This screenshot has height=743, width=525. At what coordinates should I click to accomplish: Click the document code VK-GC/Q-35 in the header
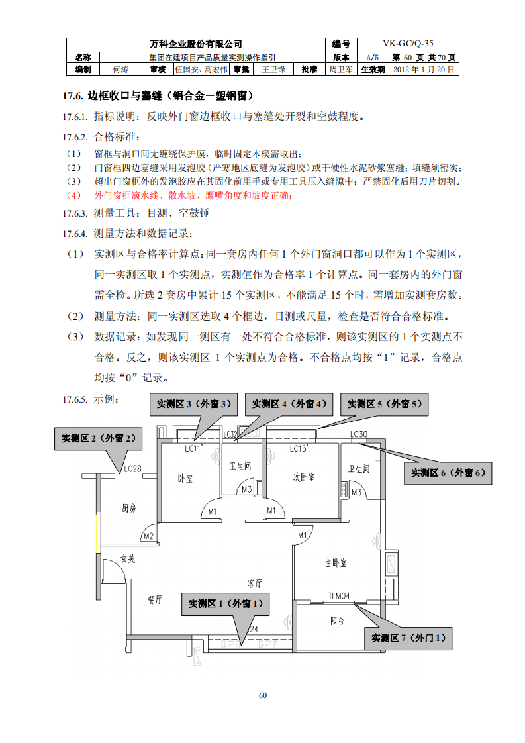click(408, 44)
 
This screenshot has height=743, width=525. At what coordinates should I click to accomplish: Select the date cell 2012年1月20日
click(424, 69)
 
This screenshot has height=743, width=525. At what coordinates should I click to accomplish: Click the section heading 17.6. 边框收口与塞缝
click(158, 96)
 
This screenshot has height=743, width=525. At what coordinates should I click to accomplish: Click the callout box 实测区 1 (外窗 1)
click(225, 603)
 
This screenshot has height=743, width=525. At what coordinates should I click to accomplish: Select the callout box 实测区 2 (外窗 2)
click(98, 438)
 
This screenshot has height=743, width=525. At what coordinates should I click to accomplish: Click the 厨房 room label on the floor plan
click(129, 509)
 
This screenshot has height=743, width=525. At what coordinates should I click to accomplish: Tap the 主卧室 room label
click(336, 562)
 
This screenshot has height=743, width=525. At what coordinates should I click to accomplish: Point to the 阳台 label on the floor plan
click(338, 621)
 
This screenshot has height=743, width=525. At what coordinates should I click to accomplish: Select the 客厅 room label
click(254, 583)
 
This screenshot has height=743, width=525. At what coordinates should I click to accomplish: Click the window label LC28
click(132, 469)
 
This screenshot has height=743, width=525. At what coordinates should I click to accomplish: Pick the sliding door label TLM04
click(339, 596)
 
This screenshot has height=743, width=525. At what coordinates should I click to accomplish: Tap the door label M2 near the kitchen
click(148, 536)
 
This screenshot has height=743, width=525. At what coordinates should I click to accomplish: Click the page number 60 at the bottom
click(262, 695)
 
